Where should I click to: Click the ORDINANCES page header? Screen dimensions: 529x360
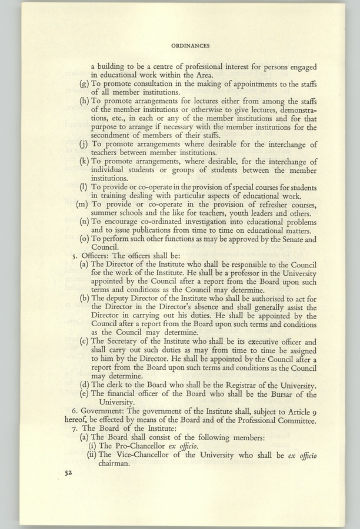[191, 44]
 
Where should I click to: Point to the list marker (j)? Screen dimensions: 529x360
[84, 145]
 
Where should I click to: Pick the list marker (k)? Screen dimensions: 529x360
[84, 162]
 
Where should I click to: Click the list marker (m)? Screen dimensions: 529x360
[83, 204]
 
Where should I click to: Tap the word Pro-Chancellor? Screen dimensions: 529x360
[139, 446]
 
